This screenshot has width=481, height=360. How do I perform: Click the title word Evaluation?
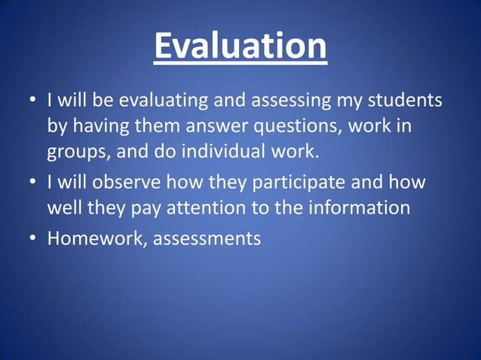point(240,47)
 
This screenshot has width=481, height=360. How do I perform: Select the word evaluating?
point(164,101)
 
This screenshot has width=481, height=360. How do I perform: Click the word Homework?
point(92,239)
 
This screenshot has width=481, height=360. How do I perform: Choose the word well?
point(62,208)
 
